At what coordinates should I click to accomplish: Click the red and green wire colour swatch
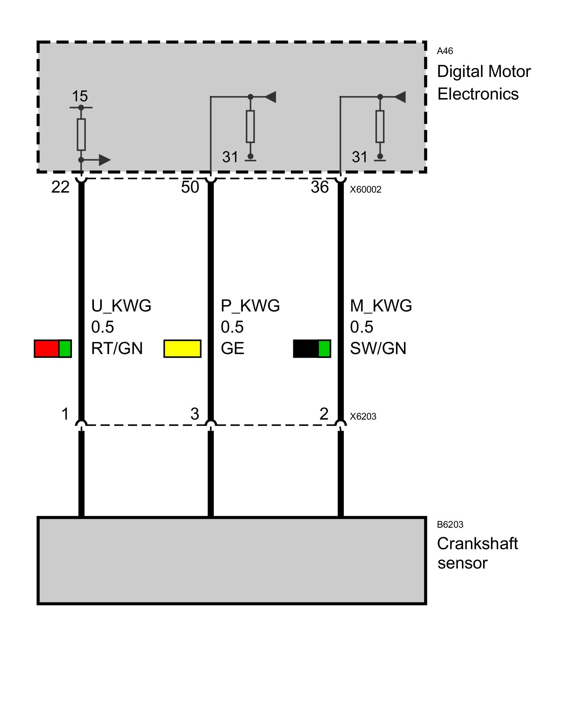[53, 349]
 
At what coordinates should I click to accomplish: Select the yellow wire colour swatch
[182, 349]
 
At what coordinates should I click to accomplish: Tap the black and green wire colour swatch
[312, 349]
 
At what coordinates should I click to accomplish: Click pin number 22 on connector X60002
[60, 187]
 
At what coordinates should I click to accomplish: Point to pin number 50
[190, 187]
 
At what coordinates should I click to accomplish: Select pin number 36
[319, 187]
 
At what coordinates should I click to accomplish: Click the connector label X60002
[365, 190]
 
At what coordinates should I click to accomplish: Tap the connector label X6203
[363, 416]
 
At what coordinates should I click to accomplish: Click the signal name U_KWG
[121, 306]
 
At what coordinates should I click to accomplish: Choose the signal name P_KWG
[250, 306]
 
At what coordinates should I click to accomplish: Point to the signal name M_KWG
[381, 306]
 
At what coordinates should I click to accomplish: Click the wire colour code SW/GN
[378, 348]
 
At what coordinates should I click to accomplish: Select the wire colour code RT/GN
[117, 348]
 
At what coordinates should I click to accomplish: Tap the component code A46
[445, 51]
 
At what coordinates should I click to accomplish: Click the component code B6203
[450, 524]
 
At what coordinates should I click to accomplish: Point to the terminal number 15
[80, 96]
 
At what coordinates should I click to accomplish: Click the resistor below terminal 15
[81, 135]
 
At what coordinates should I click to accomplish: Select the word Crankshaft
[477, 544]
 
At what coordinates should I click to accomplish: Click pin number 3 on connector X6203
[194, 414]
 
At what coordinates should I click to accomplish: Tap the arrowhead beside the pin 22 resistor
[104, 160]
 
